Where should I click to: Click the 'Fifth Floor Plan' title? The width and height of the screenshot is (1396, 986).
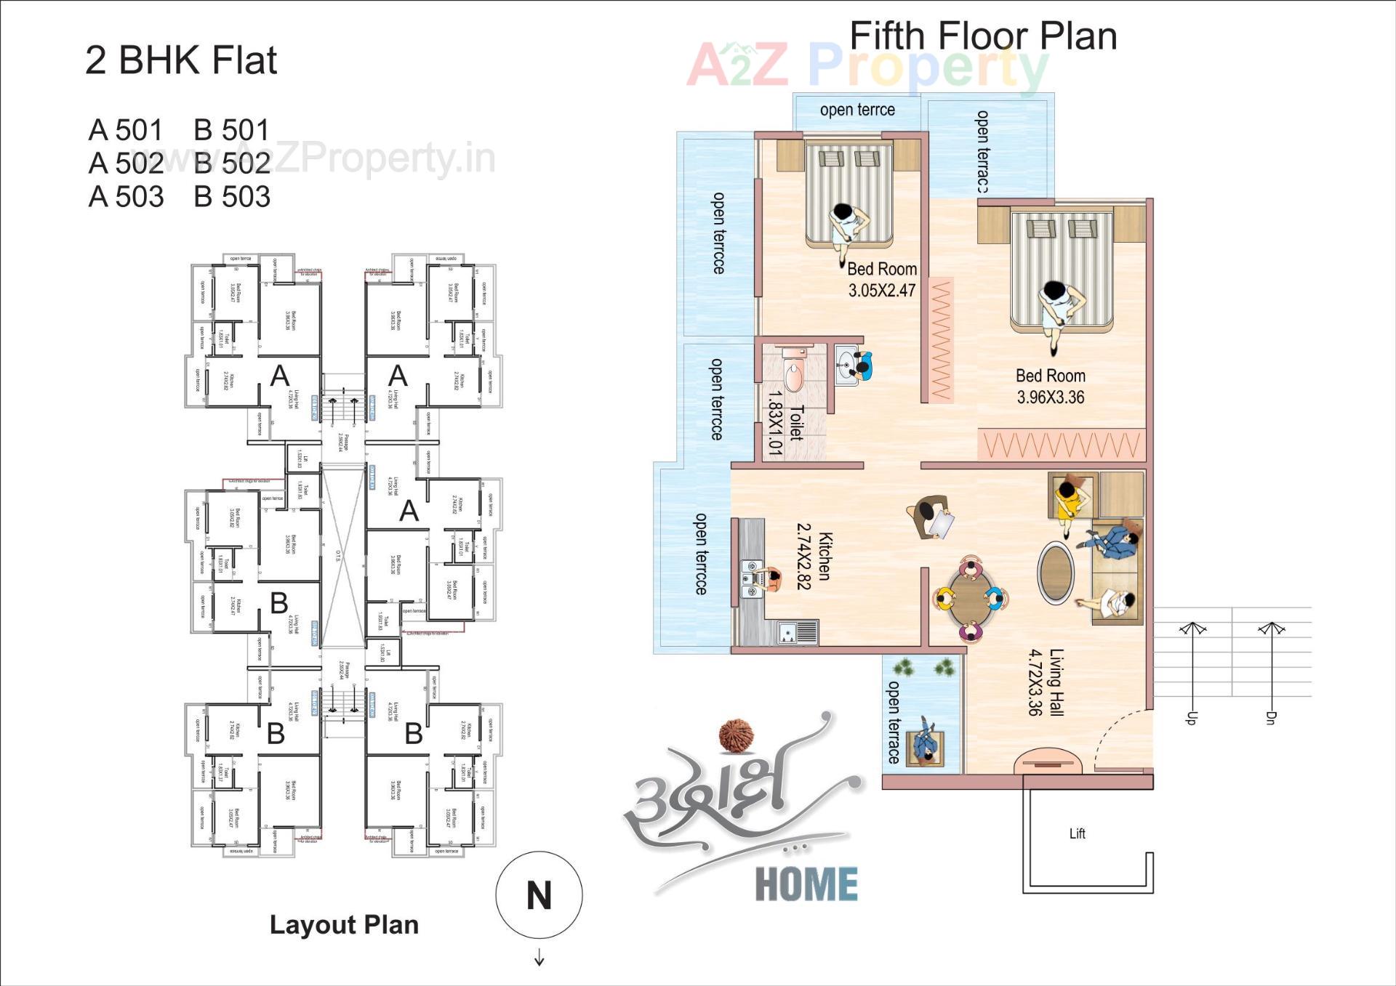982,36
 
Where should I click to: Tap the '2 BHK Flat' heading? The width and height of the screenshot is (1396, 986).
181,60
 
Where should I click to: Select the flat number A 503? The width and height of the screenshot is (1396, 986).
127,197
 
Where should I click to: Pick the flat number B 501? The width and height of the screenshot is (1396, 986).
232,130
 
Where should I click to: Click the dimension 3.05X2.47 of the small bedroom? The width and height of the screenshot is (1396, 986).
882,291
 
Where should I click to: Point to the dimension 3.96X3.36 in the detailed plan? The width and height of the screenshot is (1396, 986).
1050,397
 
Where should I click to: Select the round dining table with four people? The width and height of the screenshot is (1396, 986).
970,599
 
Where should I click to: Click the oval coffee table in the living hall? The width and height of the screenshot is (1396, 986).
1056,572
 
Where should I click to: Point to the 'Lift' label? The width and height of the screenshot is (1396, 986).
1077,833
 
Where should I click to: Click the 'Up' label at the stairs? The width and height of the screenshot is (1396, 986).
1191,718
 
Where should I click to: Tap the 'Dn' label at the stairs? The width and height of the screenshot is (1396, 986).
1270,718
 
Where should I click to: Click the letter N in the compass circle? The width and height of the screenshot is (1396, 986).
539,895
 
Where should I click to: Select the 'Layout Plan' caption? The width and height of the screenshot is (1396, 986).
344,924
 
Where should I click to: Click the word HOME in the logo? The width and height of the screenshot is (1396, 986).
806,884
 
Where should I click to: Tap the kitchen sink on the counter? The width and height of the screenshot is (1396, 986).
797,633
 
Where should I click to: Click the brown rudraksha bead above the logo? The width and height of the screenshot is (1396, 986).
737,735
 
